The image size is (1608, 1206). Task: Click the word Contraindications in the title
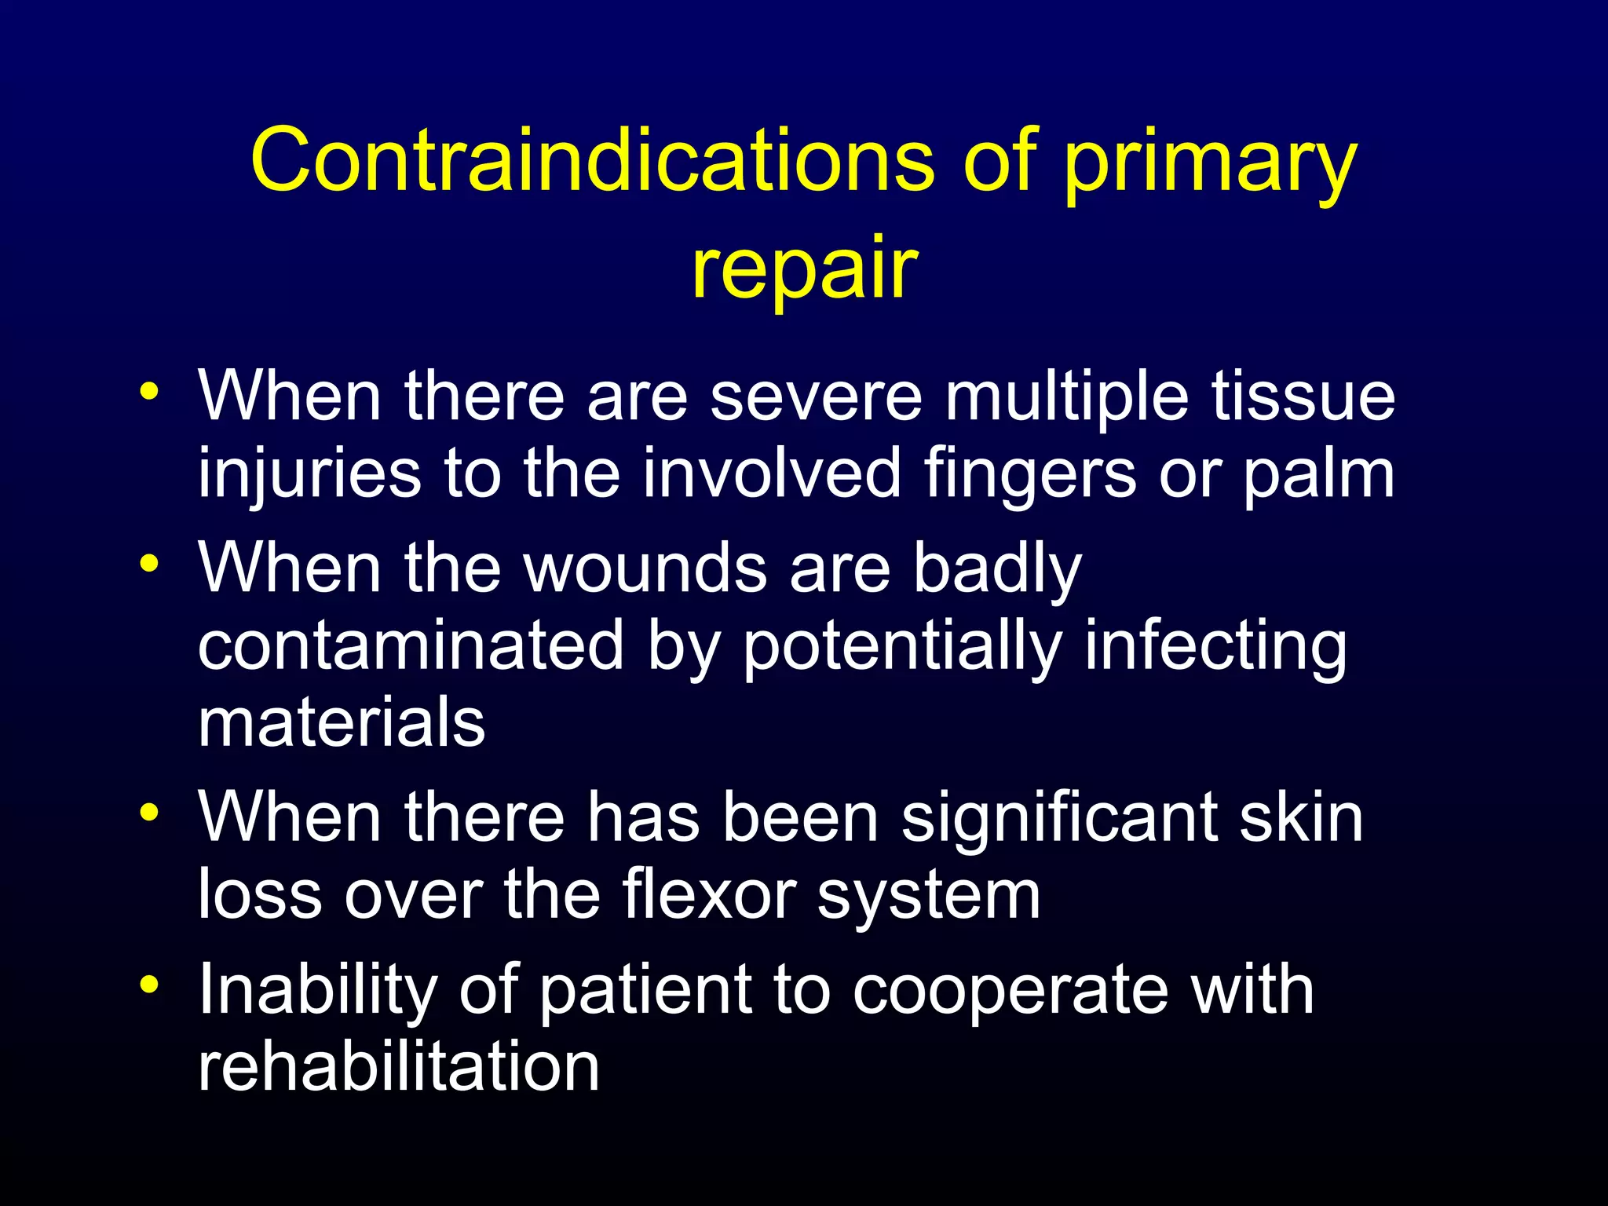(x=593, y=161)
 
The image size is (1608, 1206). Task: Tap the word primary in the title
(x=1210, y=165)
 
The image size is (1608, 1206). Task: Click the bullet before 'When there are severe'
(x=148, y=390)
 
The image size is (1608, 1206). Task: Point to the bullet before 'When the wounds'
(x=148, y=563)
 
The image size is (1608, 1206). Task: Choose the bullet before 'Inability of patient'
(x=148, y=984)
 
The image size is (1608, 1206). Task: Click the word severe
(x=817, y=397)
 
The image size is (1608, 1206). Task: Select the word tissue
(x=1303, y=397)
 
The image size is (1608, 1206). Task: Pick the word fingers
(x=1029, y=475)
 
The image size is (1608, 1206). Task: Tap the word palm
(x=1318, y=475)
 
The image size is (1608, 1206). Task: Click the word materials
(x=342, y=722)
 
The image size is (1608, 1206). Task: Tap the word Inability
(x=318, y=992)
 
